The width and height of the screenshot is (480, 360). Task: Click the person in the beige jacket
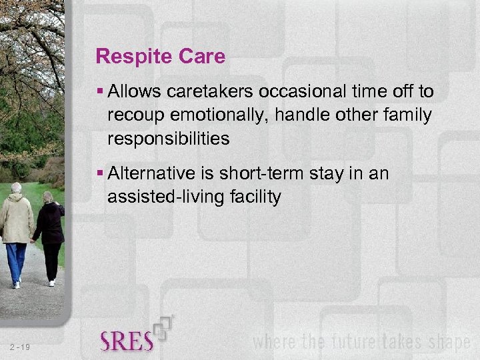17,230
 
